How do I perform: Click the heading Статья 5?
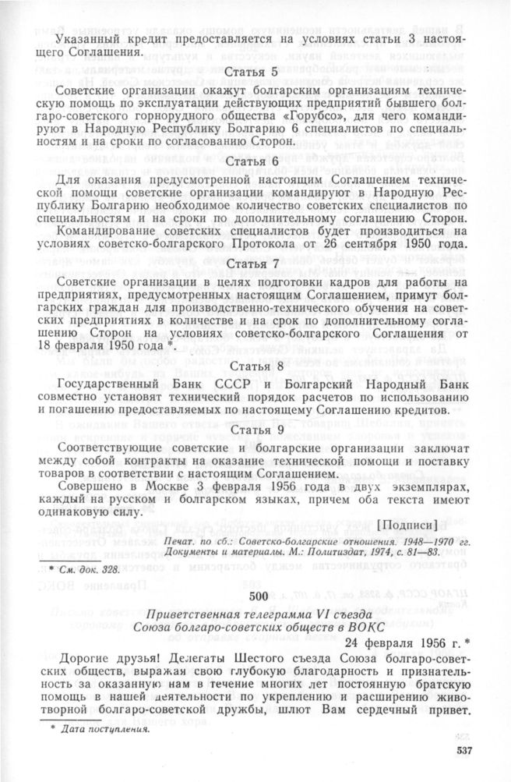coord(255,73)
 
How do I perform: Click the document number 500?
coord(258,596)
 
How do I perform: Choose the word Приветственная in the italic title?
coord(195,614)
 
